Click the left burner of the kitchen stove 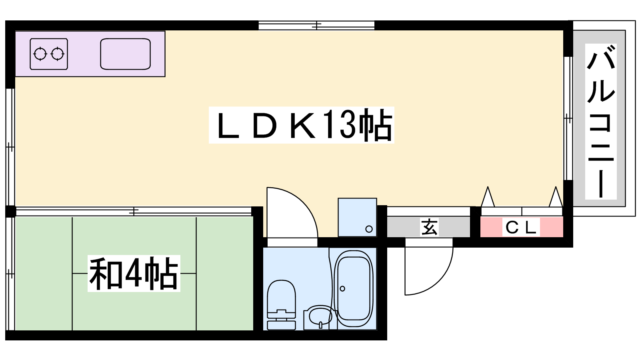point(40,54)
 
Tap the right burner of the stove point(58,54)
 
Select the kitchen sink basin point(126,54)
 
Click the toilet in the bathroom point(281,304)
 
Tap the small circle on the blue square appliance point(369,229)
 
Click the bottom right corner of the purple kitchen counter point(165,76)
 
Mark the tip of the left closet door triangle point(488,187)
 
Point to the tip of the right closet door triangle point(556,187)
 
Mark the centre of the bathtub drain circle point(342,288)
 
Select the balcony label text point(600,122)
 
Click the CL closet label point(521,228)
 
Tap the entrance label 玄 point(429,228)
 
